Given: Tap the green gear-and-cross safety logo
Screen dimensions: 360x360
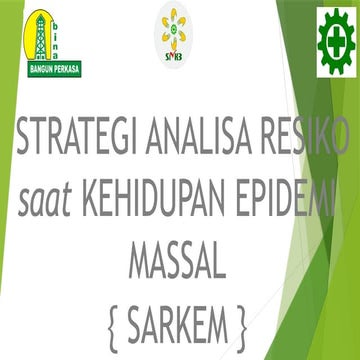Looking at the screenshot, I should click(x=335, y=39).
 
